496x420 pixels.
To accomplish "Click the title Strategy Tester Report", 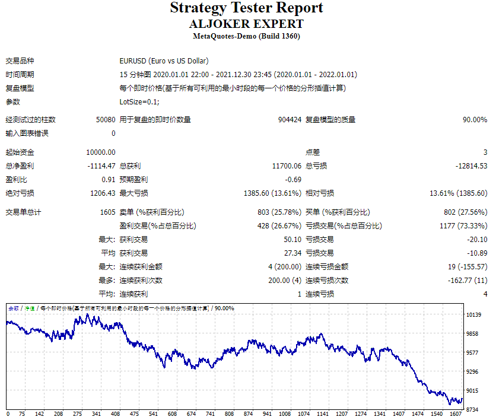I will coord(246,8).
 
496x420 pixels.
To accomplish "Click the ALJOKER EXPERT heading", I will coord(246,24).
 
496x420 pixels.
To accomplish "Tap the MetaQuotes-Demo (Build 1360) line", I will coord(246,36).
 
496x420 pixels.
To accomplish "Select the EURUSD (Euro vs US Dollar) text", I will coord(164,61).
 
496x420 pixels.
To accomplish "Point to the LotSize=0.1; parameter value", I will coord(139,102).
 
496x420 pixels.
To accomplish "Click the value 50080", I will coord(106,120).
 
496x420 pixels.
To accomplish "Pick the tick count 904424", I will coord(290,120).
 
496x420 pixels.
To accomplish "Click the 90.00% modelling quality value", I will coord(475,120).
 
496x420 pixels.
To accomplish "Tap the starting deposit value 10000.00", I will coord(101,152).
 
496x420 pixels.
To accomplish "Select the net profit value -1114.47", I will coord(101,166).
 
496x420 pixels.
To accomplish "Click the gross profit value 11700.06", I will coord(287,166).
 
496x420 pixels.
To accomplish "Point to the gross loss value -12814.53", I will coord(471,166).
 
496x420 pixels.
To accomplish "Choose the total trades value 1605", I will coord(107,212).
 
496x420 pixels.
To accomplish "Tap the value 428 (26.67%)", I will coord(279,226).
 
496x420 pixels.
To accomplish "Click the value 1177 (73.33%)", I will coord(462,226).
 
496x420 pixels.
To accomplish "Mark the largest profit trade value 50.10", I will coord(292,240).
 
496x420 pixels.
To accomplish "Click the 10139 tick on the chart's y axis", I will coord(473,315).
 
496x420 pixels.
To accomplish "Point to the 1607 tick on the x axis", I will coord(456,414).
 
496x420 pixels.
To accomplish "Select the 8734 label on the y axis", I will coord(473,409).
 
